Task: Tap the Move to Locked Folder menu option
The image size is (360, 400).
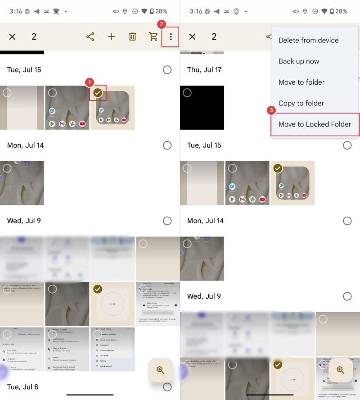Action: [x=315, y=124]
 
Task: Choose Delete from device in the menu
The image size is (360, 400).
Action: [x=308, y=40]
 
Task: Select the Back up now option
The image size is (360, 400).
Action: [x=299, y=61]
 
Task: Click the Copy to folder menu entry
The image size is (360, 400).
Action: [x=301, y=103]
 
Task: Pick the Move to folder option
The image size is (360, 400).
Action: [x=301, y=82]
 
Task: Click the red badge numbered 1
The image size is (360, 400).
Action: [x=90, y=82]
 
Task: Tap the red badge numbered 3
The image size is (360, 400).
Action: [x=271, y=110]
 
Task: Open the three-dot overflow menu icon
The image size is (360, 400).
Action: [x=171, y=37]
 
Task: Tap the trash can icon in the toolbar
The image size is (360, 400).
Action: [x=132, y=37]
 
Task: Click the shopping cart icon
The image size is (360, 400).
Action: [x=153, y=37]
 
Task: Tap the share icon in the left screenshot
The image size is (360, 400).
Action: [x=90, y=37]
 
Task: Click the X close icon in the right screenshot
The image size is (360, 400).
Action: [x=192, y=37]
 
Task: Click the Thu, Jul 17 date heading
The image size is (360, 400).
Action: [x=204, y=70]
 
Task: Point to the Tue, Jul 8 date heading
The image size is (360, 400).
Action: [x=23, y=386]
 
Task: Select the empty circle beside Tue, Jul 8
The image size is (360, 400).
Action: [x=167, y=386]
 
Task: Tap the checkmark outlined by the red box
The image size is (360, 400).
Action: [x=98, y=93]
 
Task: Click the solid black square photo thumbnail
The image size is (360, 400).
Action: [x=202, y=108]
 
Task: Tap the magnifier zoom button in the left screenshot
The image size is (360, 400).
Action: [x=161, y=370]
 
